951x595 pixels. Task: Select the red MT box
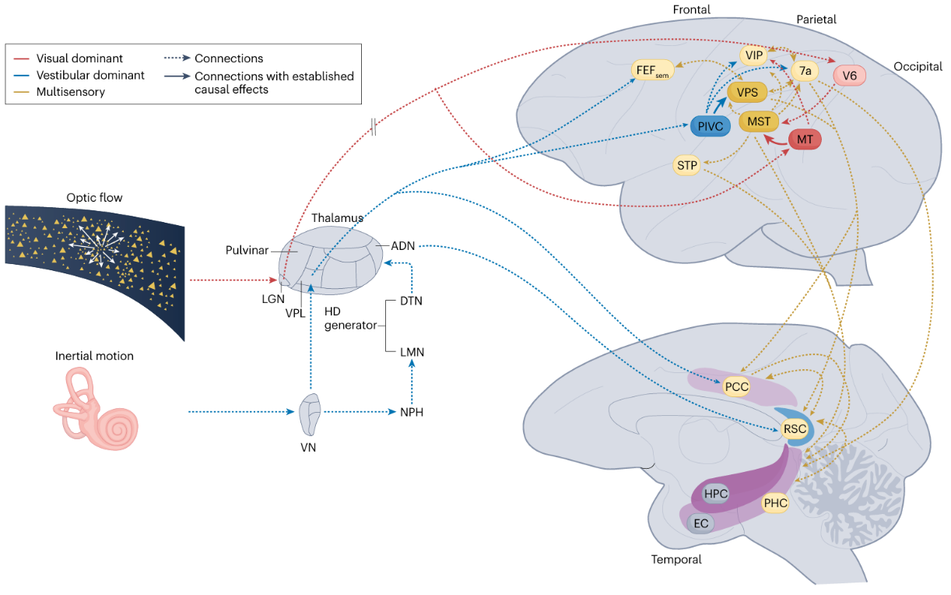(x=805, y=139)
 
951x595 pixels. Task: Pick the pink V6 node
(x=849, y=76)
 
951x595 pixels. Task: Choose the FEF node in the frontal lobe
(x=653, y=71)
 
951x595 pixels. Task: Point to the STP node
(x=687, y=165)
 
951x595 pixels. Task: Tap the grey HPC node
(x=715, y=494)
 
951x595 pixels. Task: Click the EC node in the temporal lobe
(x=701, y=523)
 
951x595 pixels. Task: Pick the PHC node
(x=775, y=503)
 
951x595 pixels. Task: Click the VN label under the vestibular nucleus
(x=309, y=448)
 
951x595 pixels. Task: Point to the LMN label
(x=412, y=352)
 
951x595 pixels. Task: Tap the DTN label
(x=412, y=301)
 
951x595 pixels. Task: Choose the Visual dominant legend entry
(x=79, y=58)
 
